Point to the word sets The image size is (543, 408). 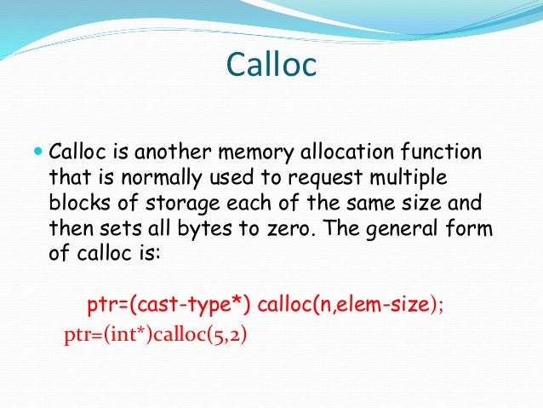pyautogui.click(x=110, y=230)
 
